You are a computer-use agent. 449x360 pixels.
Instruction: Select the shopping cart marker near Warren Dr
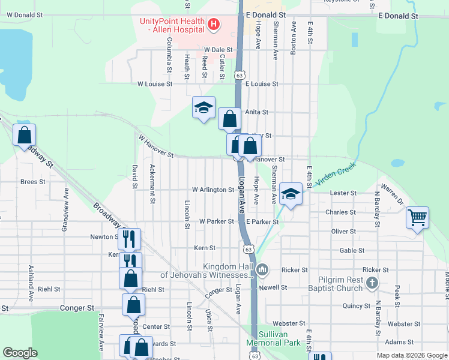418,218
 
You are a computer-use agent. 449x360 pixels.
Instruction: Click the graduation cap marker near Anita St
204,108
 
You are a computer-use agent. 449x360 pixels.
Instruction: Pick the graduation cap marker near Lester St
291,194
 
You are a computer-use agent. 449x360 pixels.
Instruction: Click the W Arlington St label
212,190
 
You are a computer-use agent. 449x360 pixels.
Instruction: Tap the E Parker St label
261,221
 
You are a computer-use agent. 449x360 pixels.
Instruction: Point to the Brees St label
33,181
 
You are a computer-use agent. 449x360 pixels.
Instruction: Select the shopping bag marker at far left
25,134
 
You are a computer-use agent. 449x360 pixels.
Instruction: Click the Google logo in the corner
20,353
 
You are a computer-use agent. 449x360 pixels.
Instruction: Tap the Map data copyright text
411,355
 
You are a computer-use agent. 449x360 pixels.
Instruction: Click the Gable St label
352,251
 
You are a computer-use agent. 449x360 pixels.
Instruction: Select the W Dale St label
218,50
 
